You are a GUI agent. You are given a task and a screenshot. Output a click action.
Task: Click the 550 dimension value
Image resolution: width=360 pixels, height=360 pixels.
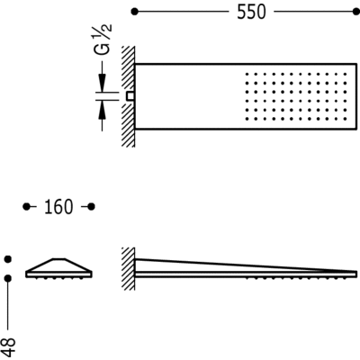(251, 13)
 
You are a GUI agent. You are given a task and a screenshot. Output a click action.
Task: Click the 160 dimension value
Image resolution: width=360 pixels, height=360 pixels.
(58, 207)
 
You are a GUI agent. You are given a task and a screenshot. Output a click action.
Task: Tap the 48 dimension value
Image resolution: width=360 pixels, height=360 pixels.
(9, 347)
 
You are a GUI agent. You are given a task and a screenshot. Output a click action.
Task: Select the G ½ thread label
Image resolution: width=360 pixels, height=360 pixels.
(102, 39)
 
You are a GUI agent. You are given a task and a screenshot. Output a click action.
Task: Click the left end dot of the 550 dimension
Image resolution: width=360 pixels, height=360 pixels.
(135, 12)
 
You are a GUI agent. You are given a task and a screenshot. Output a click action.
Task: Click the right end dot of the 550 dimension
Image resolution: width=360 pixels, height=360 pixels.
(356, 12)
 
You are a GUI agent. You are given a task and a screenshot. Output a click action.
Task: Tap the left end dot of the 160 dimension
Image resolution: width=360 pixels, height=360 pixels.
(27, 207)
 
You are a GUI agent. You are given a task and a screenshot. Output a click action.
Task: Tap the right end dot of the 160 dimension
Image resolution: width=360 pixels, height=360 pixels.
(92, 207)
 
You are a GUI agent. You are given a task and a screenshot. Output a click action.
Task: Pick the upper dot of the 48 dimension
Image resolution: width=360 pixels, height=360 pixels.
(8, 258)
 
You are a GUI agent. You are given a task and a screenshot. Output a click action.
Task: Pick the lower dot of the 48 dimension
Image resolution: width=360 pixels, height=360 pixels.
(8, 278)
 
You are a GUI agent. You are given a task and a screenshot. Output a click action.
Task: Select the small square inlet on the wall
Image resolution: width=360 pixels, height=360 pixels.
(130, 96)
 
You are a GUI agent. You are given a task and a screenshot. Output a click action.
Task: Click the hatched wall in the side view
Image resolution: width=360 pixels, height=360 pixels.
(128, 268)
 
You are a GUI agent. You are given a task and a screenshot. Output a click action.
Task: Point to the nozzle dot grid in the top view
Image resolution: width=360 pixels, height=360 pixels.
(296, 96)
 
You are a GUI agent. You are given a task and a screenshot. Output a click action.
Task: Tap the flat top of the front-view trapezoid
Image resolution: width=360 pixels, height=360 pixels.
(59, 258)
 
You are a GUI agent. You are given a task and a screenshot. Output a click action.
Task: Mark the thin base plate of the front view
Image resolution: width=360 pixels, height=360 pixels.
(59, 274)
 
